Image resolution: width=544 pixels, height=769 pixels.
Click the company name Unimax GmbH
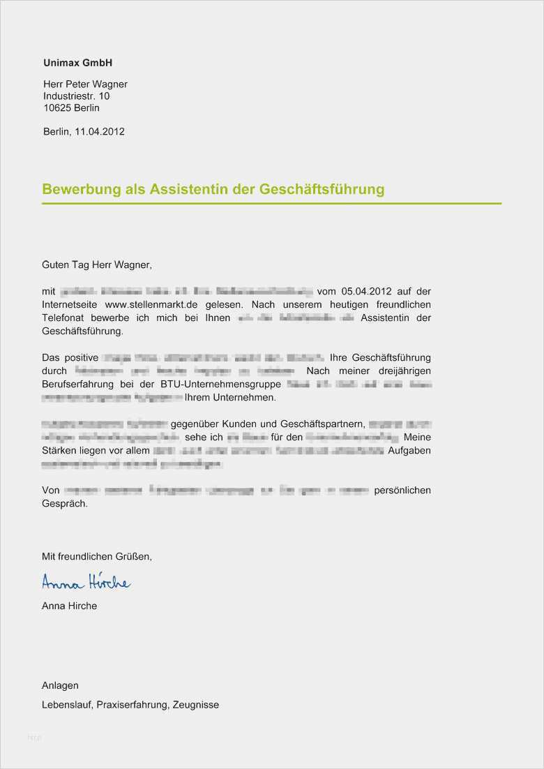pyautogui.click(x=77, y=63)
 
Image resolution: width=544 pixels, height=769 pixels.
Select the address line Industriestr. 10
pyautogui.click(x=76, y=96)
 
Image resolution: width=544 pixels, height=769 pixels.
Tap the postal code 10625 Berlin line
pyautogui.click(x=71, y=108)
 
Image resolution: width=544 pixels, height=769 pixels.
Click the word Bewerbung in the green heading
pyautogui.click(x=78, y=190)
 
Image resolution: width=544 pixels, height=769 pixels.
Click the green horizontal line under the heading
pyautogui.click(x=271, y=204)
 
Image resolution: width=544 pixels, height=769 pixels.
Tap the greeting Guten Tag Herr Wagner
pyautogui.click(x=96, y=265)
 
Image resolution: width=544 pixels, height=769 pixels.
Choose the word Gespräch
pyautogui.click(x=65, y=503)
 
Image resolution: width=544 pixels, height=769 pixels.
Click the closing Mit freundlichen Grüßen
pyautogui.click(x=96, y=556)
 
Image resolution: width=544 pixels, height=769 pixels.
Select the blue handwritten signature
pyautogui.click(x=86, y=582)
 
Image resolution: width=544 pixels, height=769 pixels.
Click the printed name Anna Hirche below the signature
pyautogui.click(x=69, y=606)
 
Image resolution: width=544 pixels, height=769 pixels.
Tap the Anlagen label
pyautogui.click(x=60, y=685)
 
